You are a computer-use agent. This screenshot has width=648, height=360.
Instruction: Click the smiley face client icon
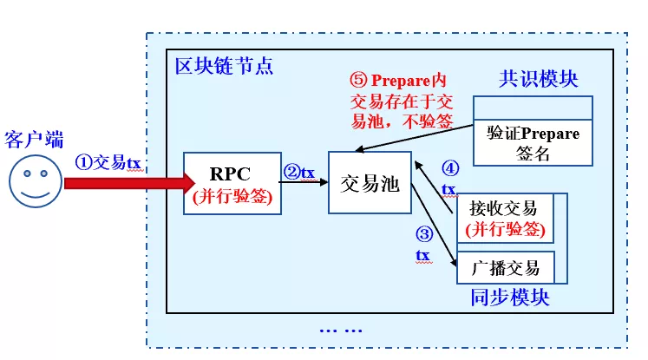36,181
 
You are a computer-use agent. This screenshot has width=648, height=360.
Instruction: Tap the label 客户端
34,140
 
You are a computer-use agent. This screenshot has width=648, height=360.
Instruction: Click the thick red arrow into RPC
129,183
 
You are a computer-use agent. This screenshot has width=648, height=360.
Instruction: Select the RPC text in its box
230,174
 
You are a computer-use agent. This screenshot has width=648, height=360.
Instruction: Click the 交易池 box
370,182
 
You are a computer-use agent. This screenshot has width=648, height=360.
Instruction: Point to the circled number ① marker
83,162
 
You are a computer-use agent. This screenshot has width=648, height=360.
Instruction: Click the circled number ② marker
291,172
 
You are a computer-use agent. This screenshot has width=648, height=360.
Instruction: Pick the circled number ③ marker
424,234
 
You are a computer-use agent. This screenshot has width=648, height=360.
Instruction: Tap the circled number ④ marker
450,168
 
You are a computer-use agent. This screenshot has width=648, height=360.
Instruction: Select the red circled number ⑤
358,80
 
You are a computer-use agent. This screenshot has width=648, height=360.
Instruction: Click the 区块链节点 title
224,66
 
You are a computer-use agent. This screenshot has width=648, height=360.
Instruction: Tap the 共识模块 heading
538,79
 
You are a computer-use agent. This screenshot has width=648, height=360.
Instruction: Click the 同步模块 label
510,298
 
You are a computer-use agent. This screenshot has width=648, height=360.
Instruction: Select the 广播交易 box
506,267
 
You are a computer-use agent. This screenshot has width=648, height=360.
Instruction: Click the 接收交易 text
503,208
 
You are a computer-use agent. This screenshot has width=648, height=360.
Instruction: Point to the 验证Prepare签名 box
533,143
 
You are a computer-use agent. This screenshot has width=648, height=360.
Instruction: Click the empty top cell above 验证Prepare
533,108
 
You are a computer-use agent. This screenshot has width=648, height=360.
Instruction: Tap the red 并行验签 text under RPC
232,196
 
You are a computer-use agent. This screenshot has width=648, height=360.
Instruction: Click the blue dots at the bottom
341,331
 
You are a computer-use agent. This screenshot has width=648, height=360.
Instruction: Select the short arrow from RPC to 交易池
304,182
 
